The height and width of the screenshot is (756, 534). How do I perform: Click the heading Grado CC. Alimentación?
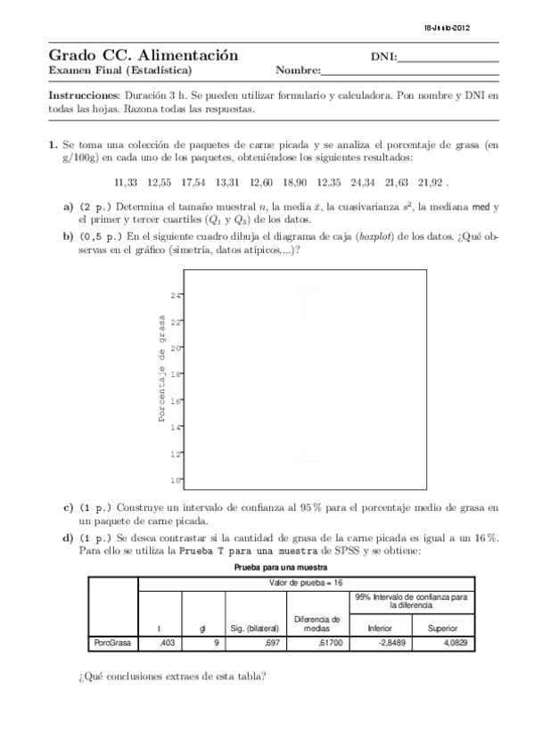(143, 56)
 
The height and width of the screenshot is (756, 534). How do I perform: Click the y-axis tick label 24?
(176, 295)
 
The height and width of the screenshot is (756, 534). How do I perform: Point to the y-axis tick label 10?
(176, 481)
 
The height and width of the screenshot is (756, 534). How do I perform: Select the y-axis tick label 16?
(176, 401)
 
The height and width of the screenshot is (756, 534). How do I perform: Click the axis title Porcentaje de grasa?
(162, 368)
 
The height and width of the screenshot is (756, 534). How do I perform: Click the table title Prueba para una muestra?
(281, 567)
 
